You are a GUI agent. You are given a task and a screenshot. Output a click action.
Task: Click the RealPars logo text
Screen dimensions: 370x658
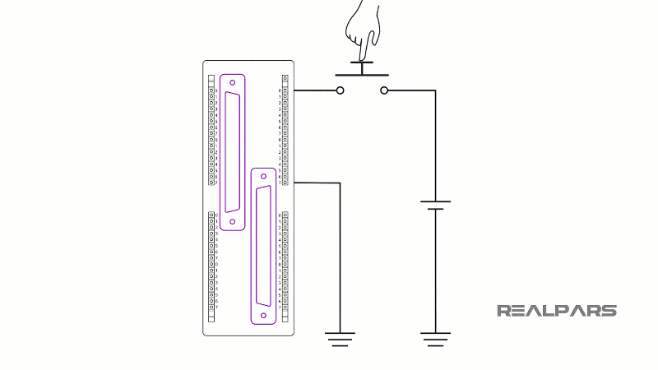tap(557, 311)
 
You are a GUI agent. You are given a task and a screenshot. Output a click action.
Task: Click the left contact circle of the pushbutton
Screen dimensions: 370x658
tap(341, 90)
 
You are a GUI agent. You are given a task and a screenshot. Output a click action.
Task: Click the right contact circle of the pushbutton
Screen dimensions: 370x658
tap(384, 90)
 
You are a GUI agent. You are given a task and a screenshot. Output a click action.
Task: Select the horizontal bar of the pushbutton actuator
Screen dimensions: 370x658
tap(362, 75)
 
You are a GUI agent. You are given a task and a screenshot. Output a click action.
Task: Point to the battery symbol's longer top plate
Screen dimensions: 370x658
tap(435, 201)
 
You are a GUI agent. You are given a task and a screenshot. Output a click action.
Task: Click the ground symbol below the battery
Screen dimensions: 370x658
tap(435, 337)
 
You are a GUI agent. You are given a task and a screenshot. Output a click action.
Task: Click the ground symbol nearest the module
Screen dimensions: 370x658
tap(340, 337)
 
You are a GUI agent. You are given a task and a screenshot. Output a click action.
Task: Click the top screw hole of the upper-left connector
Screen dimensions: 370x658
tap(233, 82)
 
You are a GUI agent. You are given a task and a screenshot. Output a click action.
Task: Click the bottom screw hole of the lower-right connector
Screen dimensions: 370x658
tap(263, 315)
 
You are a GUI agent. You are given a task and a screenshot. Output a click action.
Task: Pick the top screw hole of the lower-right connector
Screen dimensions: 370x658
tap(263, 175)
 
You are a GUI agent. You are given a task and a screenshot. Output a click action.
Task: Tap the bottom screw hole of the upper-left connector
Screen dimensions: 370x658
tap(233, 222)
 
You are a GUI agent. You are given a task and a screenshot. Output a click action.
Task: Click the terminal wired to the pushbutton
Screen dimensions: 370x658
tap(285, 90)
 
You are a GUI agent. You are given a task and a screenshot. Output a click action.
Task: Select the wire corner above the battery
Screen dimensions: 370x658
tap(435, 90)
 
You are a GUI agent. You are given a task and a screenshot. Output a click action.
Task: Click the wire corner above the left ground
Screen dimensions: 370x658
tap(340, 183)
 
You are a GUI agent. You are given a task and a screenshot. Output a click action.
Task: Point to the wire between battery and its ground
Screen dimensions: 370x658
tap(435, 271)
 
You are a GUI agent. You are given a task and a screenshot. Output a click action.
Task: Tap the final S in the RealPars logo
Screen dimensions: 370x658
tap(609, 311)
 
